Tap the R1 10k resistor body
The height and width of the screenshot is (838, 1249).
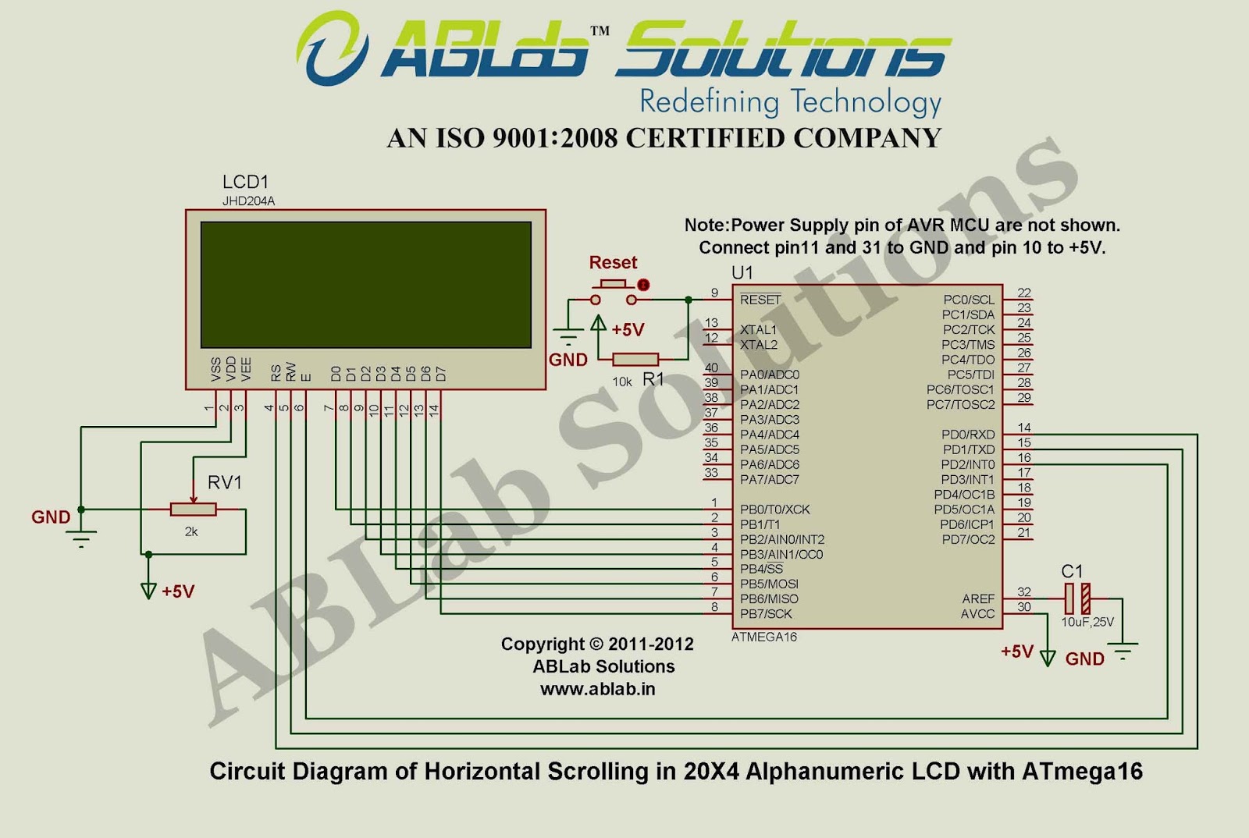pyautogui.click(x=635, y=359)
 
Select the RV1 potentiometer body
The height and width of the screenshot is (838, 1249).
pyautogui.click(x=193, y=510)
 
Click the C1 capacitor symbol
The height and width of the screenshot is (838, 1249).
pyautogui.click(x=1077, y=598)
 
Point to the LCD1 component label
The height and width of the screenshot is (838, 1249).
pyautogui.click(x=245, y=183)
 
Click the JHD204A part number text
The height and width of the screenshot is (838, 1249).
pyautogui.click(x=248, y=201)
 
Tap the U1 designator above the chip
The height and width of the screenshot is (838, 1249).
pyautogui.click(x=742, y=273)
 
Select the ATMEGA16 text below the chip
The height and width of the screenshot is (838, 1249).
pyautogui.click(x=764, y=637)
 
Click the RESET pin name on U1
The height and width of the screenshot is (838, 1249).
pyautogui.click(x=760, y=300)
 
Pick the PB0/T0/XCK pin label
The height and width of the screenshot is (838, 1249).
pyautogui.click(x=775, y=510)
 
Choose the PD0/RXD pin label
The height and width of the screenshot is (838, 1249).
pyautogui.click(x=968, y=435)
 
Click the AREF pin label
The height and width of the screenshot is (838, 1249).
pyautogui.click(x=978, y=598)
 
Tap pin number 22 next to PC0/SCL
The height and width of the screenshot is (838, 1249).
pyautogui.click(x=1024, y=293)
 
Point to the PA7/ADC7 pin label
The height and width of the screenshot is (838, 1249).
pyautogui.click(x=770, y=480)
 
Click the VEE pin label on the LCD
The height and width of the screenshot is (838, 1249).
pyautogui.click(x=246, y=369)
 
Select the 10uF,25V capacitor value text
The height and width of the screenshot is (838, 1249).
pyautogui.click(x=1087, y=623)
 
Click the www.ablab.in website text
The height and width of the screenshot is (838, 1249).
pyautogui.click(x=597, y=689)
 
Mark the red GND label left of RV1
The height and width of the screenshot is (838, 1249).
pyautogui.click(x=51, y=517)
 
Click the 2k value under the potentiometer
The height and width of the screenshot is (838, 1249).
pyautogui.click(x=191, y=531)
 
